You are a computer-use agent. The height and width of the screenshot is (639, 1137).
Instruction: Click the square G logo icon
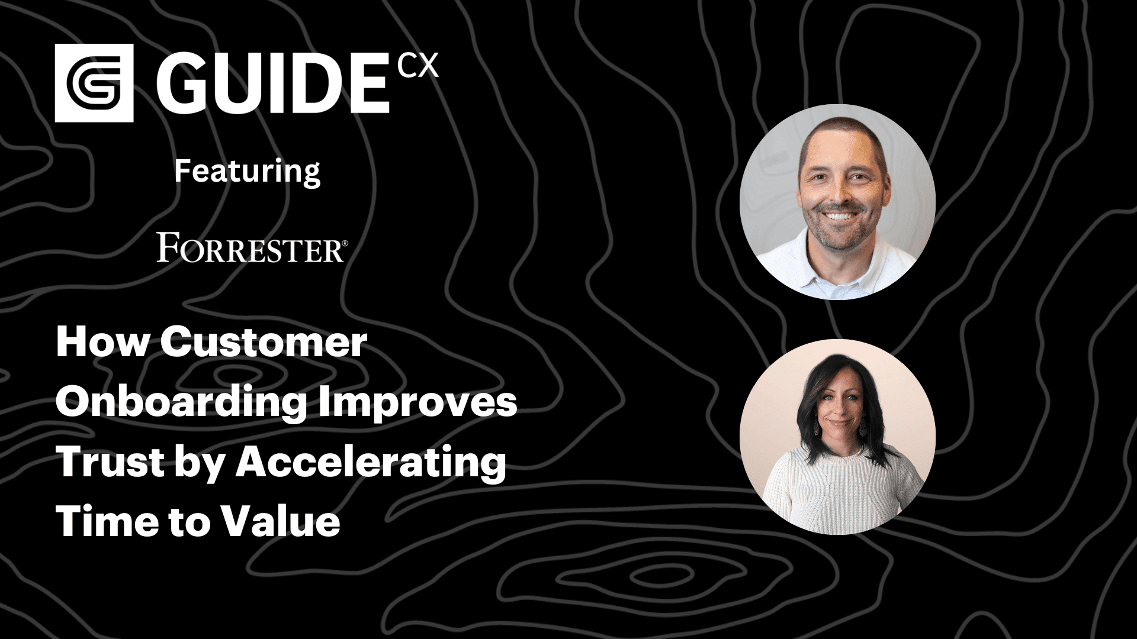click(x=94, y=83)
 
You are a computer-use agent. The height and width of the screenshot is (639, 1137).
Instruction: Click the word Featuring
click(x=247, y=172)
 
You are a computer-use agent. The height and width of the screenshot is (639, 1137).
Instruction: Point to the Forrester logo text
click(x=249, y=247)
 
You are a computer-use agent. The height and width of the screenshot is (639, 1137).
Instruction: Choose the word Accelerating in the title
click(x=371, y=463)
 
